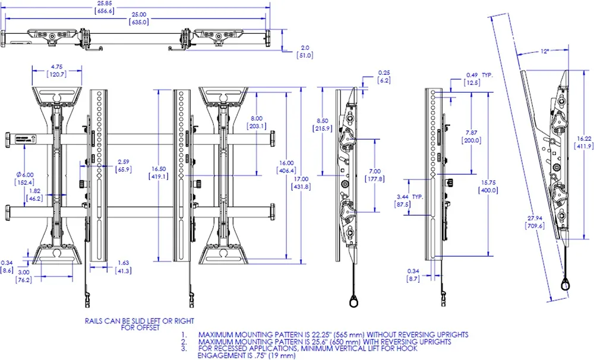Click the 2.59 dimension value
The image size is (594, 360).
[124, 162]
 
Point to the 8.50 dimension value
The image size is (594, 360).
[323, 121]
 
